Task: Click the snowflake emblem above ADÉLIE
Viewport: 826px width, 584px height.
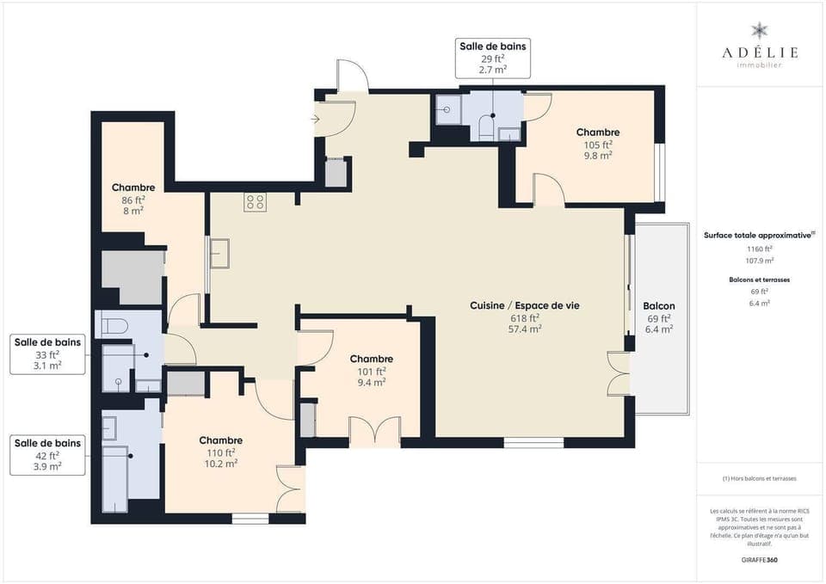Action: click(x=759, y=31)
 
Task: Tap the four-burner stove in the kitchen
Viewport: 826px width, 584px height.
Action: click(x=255, y=202)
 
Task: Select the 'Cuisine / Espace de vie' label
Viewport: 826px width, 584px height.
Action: click(x=524, y=305)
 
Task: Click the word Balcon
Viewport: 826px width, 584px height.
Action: click(x=658, y=306)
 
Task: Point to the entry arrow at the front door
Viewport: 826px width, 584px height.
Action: click(x=317, y=119)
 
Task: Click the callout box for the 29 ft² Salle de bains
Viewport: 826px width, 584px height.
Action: click(x=492, y=57)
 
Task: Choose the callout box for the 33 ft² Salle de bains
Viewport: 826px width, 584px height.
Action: click(x=48, y=353)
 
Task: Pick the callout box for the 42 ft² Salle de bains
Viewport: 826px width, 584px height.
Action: click(x=48, y=454)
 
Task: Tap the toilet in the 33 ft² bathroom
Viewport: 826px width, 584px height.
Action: click(x=115, y=325)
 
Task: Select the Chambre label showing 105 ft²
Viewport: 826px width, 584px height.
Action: click(x=598, y=132)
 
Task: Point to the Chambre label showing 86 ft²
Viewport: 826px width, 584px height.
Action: click(x=133, y=187)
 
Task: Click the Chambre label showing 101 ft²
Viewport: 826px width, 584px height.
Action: click(x=371, y=359)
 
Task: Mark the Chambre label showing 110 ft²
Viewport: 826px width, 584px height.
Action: click(x=220, y=440)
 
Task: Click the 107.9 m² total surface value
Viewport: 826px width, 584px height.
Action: click(x=759, y=260)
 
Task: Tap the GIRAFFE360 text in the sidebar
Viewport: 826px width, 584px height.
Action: click(x=759, y=559)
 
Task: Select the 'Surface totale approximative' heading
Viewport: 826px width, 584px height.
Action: click(x=757, y=235)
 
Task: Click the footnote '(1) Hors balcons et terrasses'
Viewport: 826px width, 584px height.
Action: click(x=759, y=478)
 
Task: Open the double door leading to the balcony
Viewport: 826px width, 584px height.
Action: click(x=619, y=374)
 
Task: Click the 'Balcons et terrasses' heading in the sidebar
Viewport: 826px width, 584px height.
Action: click(x=759, y=280)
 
